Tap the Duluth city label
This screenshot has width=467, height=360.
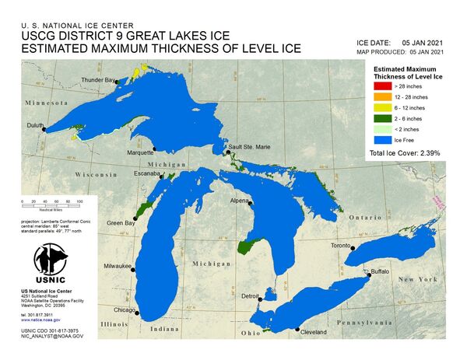click(x=32, y=124)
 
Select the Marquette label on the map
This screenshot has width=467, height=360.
click(x=140, y=152)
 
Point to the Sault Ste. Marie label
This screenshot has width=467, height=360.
click(x=249, y=146)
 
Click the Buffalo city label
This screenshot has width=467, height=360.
click(x=379, y=271)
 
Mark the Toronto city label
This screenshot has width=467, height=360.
click(x=341, y=246)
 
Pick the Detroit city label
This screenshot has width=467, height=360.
click(x=250, y=297)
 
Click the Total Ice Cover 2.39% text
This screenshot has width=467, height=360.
click(x=405, y=154)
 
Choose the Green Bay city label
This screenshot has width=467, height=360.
click(x=121, y=223)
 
